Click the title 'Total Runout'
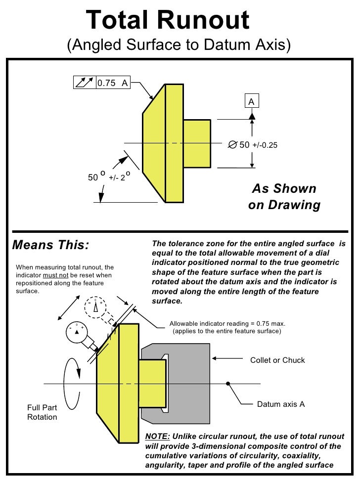pos(168,20)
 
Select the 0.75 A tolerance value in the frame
pos(112,83)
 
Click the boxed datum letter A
pos(252,101)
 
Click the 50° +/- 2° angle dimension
pos(109,176)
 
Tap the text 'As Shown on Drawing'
pos(284,196)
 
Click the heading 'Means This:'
pos(50,245)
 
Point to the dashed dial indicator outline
pos(95,307)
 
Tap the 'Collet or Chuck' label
pos(277,360)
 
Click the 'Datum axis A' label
pos(281,404)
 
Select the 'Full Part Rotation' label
pos(42,412)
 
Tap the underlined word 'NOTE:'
pos(157,436)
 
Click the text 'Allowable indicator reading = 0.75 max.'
pos(227,323)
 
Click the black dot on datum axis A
pos(228,383)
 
